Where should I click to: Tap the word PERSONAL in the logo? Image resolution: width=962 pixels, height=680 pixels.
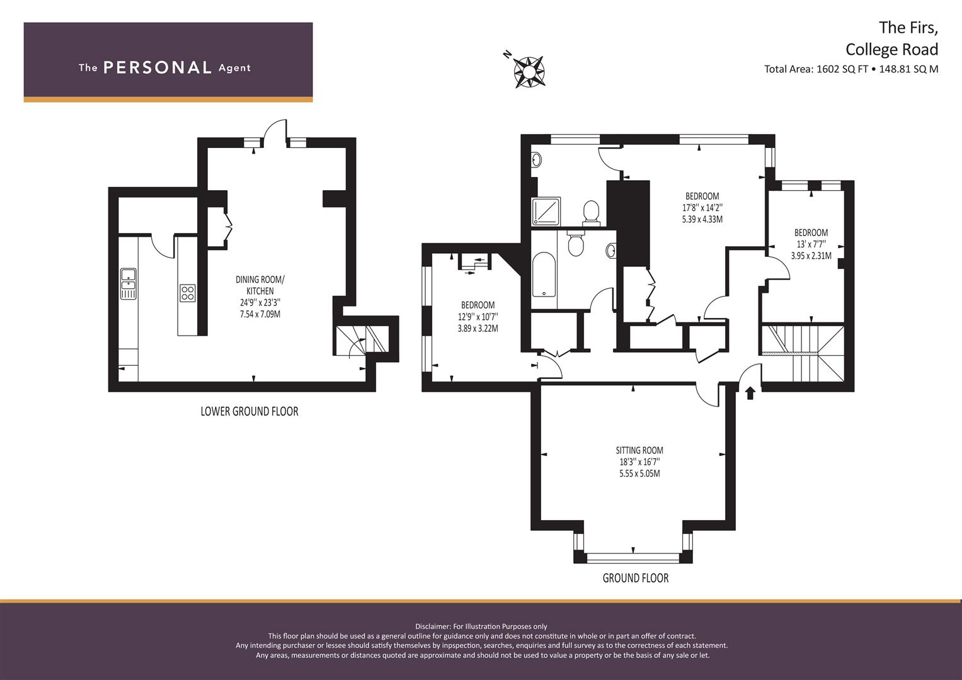tap(157, 67)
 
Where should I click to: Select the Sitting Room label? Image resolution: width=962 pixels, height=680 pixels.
tap(639, 450)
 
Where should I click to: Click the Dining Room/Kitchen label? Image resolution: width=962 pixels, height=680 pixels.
tap(260, 285)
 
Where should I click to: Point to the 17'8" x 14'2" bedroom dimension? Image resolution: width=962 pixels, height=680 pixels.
tap(702, 208)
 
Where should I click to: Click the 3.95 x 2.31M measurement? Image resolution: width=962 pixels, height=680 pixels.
tap(811, 256)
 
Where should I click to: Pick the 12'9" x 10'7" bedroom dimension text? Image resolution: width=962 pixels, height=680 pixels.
tap(478, 317)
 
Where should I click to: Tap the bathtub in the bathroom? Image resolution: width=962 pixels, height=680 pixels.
tap(544, 275)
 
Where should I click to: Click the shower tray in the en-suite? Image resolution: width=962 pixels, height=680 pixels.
tap(546, 211)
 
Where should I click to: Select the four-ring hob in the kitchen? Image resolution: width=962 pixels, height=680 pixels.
tap(188, 293)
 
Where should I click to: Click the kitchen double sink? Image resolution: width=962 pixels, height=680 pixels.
tap(129, 284)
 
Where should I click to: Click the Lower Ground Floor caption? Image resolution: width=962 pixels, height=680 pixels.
tap(249, 411)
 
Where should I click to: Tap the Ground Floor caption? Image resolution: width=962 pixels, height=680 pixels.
tap(635, 578)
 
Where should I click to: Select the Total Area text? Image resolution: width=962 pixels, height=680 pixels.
tap(850, 69)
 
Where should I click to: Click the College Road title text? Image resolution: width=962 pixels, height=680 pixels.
tap(891, 49)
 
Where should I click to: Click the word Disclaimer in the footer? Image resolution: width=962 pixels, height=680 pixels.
tap(432, 626)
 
